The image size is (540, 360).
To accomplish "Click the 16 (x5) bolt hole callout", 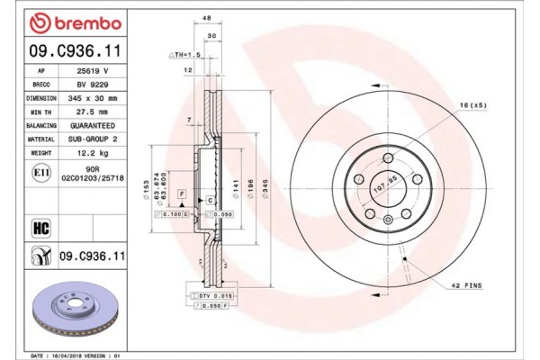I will (473, 105).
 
